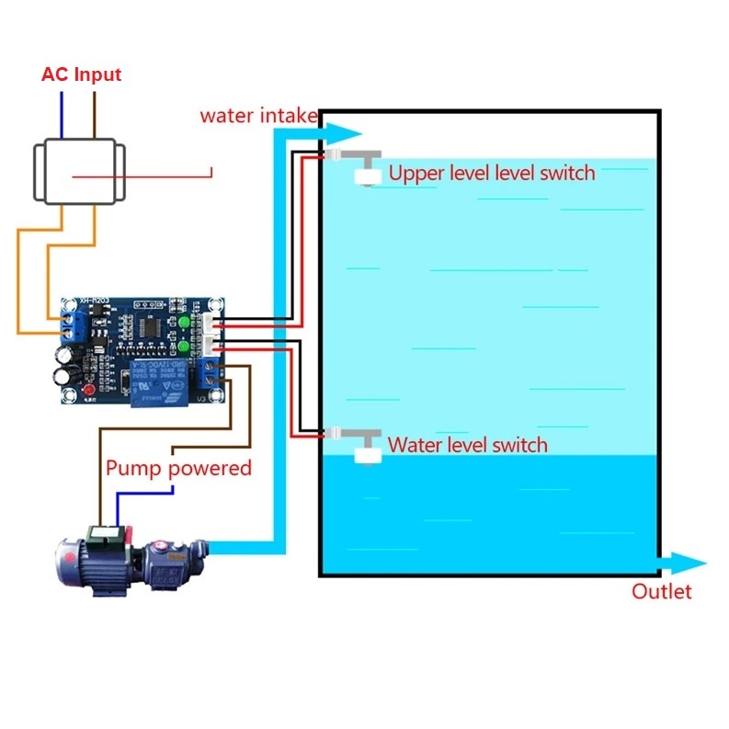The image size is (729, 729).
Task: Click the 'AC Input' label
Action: click(x=81, y=75)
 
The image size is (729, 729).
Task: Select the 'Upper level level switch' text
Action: click(x=492, y=173)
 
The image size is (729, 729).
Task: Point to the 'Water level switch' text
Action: click(x=468, y=445)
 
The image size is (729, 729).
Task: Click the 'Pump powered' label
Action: click(x=178, y=468)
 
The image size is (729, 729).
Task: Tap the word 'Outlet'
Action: click(x=661, y=591)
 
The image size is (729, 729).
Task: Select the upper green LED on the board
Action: click(x=185, y=323)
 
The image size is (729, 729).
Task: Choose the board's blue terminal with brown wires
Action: click(x=211, y=371)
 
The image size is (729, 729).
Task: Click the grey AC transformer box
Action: click(x=79, y=172)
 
